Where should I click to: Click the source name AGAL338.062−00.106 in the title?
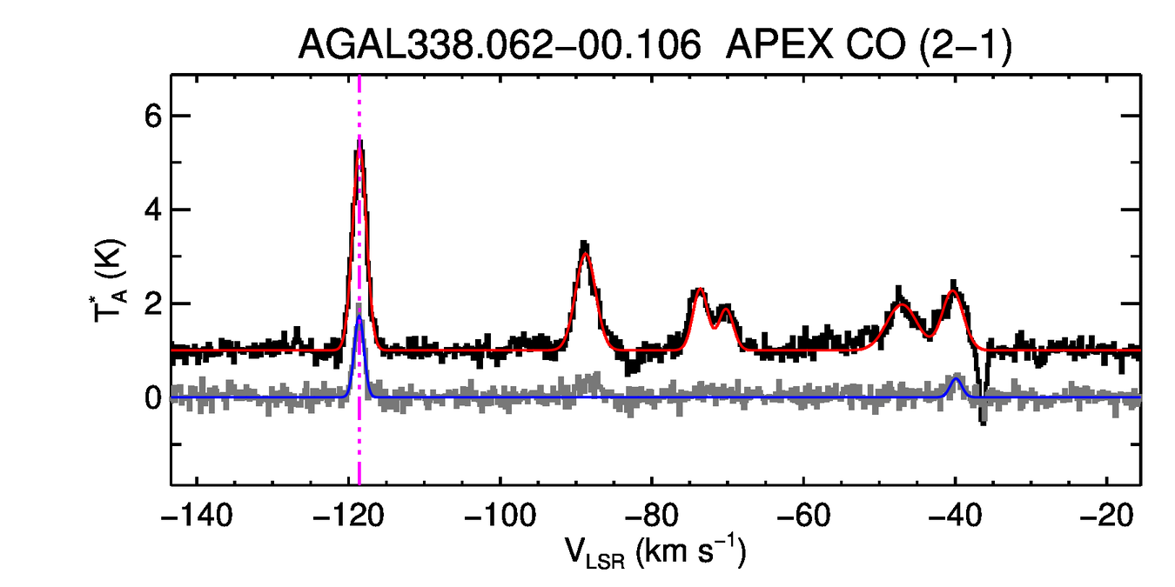point(500,44)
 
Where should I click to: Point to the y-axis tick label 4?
point(152,210)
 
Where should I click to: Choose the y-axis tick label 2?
point(152,304)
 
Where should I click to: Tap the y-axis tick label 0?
point(152,397)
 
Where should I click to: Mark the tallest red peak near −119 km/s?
point(359,150)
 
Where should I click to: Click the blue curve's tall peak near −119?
point(359,317)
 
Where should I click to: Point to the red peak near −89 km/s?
point(585,253)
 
